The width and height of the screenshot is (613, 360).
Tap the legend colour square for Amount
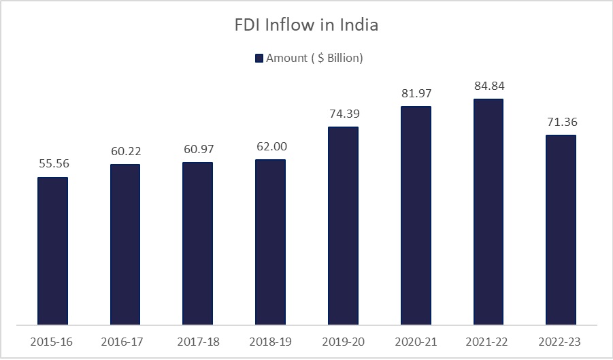(x=259, y=59)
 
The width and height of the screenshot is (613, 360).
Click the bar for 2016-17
(x=125, y=244)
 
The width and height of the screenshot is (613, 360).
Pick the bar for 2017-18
(x=197, y=243)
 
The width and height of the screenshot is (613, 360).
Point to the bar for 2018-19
(x=270, y=242)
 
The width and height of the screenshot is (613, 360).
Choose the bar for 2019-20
(x=343, y=225)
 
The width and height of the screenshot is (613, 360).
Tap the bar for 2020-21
(x=416, y=215)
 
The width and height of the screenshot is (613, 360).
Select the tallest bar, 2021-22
(x=488, y=212)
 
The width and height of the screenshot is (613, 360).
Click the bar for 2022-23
(x=561, y=229)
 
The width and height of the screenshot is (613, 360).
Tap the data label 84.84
(x=489, y=86)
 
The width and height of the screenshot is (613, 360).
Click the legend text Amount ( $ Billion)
(x=314, y=59)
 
